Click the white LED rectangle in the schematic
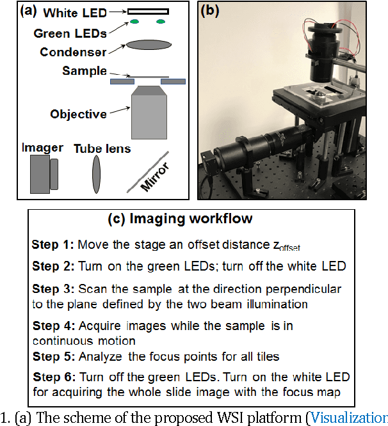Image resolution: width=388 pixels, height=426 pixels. coord(148,11)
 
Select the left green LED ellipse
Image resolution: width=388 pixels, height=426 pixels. coord(136,22)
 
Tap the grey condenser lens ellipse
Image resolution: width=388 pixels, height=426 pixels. coord(148,45)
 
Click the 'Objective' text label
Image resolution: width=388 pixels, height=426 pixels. coord(78,114)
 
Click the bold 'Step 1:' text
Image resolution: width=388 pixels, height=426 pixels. coord(53,245)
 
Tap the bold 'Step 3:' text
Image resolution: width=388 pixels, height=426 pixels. coord(53,290)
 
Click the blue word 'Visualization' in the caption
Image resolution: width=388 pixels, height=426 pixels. coord(350,418)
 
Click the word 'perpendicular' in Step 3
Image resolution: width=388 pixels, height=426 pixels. coord(306,290)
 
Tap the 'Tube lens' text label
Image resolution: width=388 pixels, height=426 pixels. coord(102,149)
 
